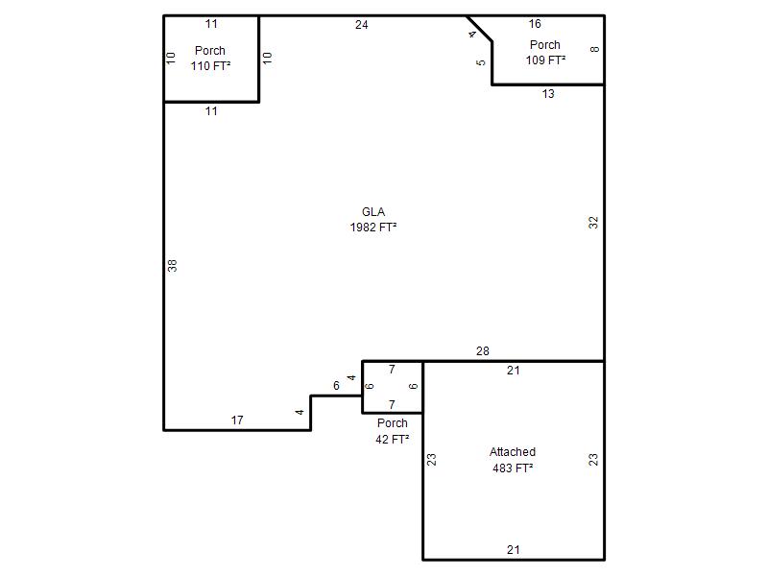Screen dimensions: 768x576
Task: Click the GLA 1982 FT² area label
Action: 373,220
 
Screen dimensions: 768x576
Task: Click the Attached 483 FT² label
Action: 513,460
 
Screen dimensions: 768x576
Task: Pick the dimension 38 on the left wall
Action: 172,266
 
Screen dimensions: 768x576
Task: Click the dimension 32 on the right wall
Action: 593,223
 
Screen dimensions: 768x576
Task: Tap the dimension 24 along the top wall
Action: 362,25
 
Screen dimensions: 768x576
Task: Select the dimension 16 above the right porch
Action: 535,23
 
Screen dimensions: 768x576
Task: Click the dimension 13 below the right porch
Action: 548,93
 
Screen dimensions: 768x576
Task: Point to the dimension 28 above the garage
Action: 483,351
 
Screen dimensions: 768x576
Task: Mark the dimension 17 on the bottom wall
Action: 237,420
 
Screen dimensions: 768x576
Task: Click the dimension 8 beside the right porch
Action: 594,50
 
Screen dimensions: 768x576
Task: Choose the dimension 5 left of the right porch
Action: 481,62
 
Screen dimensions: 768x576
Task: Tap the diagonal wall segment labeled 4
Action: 479,29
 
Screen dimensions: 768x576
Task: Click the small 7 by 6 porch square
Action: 393,388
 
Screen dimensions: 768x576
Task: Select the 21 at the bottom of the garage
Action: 514,549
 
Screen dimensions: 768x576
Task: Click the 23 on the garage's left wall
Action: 431,460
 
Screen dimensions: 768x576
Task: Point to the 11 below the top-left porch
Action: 211,111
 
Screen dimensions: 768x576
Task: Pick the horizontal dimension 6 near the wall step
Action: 336,386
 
